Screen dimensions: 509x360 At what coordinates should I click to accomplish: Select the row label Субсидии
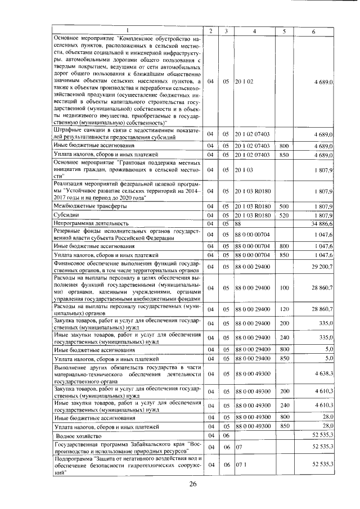coord(65,215)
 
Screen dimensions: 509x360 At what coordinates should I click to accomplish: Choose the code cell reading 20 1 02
coord(245,82)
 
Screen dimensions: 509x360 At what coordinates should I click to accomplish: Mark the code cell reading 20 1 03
coord(245,169)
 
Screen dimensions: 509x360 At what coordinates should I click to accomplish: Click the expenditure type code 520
coord(283,215)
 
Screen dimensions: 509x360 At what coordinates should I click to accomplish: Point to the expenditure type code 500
coord(283,206)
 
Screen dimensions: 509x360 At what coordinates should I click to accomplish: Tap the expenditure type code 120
coord(283,309)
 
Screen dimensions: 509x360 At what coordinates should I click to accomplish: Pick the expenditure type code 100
coord(283,288)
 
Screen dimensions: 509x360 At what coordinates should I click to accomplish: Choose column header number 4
coord(254,30)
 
